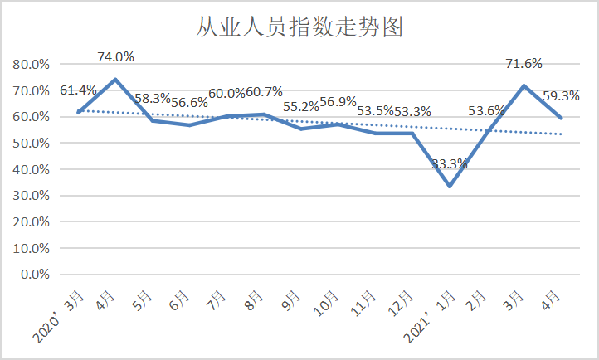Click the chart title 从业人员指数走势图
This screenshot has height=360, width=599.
click(x=299, y=27)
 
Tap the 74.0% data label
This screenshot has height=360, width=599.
click(x=115, y=57)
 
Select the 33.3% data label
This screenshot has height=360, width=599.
click(x=450, y=163)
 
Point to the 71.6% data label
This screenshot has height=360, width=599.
click(x=525, y=64)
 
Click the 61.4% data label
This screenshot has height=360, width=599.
click(x=79, y=90)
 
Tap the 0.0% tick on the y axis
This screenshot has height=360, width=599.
click(x=37, y=275)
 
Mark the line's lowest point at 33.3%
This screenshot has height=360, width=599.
click(x=450, y=186)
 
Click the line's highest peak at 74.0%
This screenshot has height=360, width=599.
click(x=115, y=80)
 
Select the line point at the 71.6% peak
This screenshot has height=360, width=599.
click(x=524, y=85)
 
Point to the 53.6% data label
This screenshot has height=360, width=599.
click(x=487, y=110)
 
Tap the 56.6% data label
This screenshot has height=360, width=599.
click(x=189, y=103)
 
